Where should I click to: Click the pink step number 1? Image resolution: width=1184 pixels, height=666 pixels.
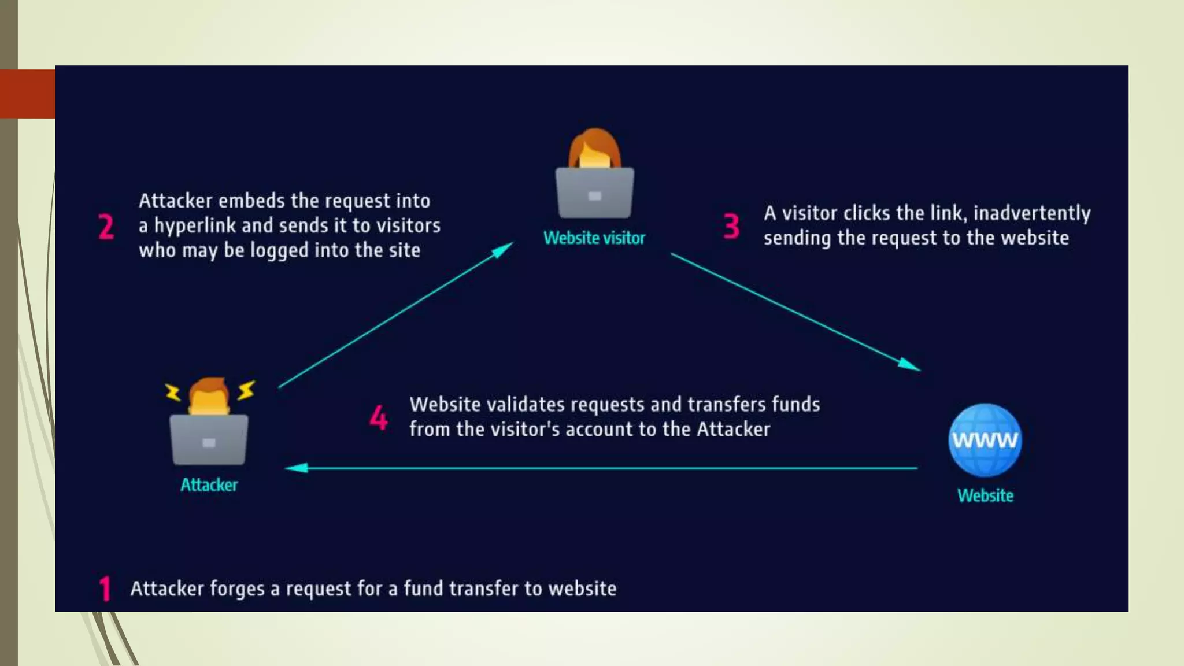105,589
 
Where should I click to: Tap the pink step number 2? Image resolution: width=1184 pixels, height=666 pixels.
106,226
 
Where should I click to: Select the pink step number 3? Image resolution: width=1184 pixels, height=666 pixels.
731,226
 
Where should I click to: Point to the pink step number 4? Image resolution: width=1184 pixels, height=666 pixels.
379,417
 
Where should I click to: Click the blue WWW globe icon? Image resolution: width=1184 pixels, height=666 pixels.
985,440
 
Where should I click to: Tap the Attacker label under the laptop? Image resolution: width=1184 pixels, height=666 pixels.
209,484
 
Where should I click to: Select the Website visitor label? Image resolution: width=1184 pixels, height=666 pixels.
594,238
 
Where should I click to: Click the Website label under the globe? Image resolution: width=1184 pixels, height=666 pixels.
985,495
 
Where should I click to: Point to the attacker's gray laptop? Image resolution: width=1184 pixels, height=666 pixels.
209,440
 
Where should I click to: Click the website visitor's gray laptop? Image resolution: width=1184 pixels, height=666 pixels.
594,193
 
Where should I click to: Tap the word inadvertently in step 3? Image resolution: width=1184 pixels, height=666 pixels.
1032,213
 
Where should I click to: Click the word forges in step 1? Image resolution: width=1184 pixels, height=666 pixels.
237,589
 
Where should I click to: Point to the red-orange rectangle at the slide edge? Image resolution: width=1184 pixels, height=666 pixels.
28,94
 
